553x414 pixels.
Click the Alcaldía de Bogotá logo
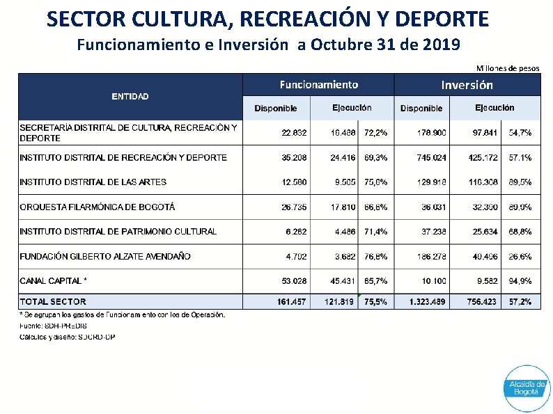pyautogui.click(x=527, y=387)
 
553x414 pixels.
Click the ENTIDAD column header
pyautogui.click(x=130, y=96)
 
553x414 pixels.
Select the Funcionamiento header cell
pyautogui.click(x=319, y=85)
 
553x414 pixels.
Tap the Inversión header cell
pyautogui.click(x=467, y=85)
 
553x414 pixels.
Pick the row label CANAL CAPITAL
pyautogui.click(x=54, y=281)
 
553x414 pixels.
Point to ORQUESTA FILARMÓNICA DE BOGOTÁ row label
pyautogui.click(x=97, y=207)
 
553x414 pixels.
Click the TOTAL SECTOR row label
pyautogui.click(x=53, y=301)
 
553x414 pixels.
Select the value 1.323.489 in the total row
pyautogui.click(x=421, y=301)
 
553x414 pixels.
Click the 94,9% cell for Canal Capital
pyautogui.click(x=520, y=281)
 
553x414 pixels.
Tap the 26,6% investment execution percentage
pyautogui.click(x=520, y=256)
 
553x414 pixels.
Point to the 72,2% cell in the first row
pyautogui.click(x=376, y=132)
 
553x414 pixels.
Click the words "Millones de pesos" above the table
pyautogui.click(x=508, y=68)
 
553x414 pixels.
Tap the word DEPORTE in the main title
pyautogui.click(x=446, y=18)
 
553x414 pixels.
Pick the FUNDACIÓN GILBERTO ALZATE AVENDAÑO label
pyautogui.click(x=105, y=256)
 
